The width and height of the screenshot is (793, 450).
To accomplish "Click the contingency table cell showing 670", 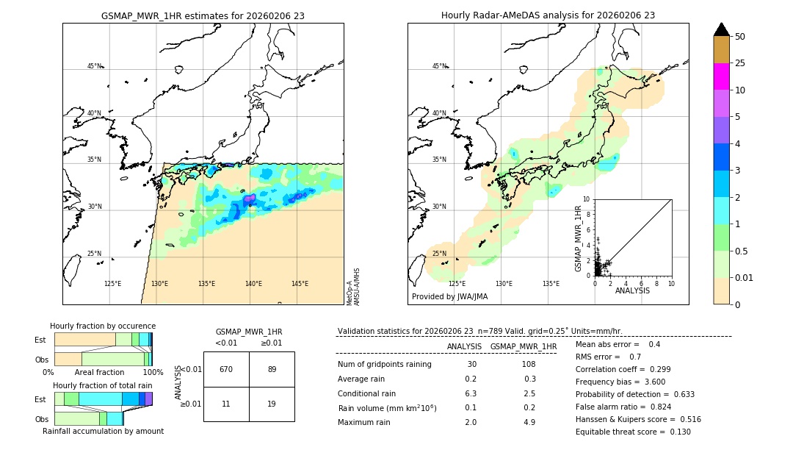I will point(226,369).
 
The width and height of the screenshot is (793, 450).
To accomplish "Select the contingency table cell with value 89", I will point(272,369).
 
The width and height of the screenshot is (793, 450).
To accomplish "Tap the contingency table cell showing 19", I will point(272,404).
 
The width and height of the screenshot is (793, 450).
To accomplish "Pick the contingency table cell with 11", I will point(226,404).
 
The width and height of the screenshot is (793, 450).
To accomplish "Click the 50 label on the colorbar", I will point(740,37).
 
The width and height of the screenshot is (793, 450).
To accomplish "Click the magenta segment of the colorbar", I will point(721,76).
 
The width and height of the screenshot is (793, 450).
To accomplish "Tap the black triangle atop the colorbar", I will point(721,29).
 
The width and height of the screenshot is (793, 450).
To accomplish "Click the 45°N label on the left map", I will point(95,66).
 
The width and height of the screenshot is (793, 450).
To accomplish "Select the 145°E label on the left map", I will point(300,284).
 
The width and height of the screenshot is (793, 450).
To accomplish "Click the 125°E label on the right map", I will point(457,284).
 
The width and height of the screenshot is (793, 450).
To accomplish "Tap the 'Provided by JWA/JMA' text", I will point(449,297).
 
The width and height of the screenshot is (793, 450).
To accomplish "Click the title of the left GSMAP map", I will point(203,15).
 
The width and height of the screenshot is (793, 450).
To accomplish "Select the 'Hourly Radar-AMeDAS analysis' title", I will point(548,15).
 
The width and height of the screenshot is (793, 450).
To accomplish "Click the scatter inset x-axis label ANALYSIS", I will point(632,290).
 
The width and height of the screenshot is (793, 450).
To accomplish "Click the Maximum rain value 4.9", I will point(529,422).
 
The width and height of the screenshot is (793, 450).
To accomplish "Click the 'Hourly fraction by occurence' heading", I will point(103,326).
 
